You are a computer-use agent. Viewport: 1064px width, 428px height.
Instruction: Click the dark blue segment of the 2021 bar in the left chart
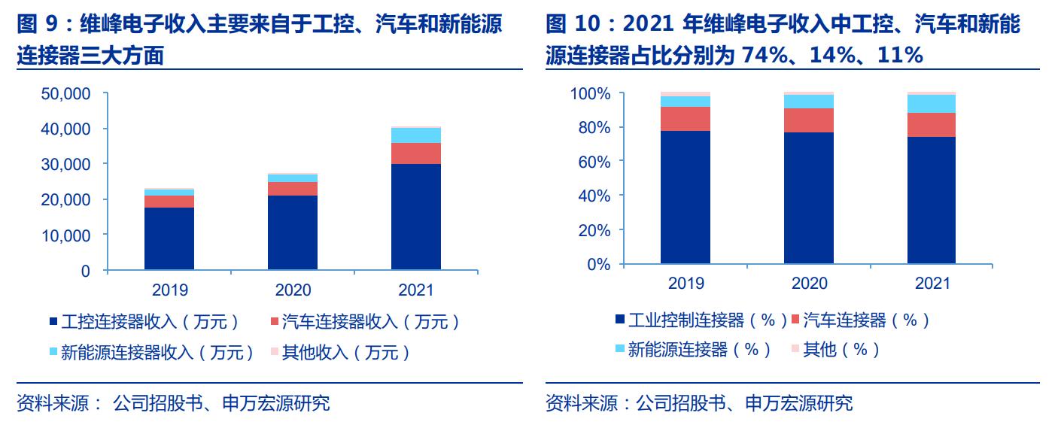click(415, 217)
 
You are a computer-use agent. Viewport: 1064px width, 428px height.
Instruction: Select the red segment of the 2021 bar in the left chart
click(415, 153)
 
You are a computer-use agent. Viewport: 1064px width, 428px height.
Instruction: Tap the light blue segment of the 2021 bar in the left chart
click(415, 135)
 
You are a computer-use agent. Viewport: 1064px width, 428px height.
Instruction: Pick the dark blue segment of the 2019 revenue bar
click(169, 238)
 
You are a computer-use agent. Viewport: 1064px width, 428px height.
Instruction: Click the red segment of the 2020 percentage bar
click(809, 120)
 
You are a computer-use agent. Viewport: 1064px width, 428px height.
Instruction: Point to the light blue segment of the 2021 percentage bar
click(932, 104)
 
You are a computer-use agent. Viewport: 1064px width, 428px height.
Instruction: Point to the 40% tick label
click(594, 196)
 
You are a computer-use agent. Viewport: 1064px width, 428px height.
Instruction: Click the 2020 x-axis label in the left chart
click(293, 290)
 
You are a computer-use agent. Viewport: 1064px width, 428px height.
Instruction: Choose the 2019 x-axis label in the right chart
click(686, 284)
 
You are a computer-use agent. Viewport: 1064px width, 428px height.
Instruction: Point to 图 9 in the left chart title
click(38, 25)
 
